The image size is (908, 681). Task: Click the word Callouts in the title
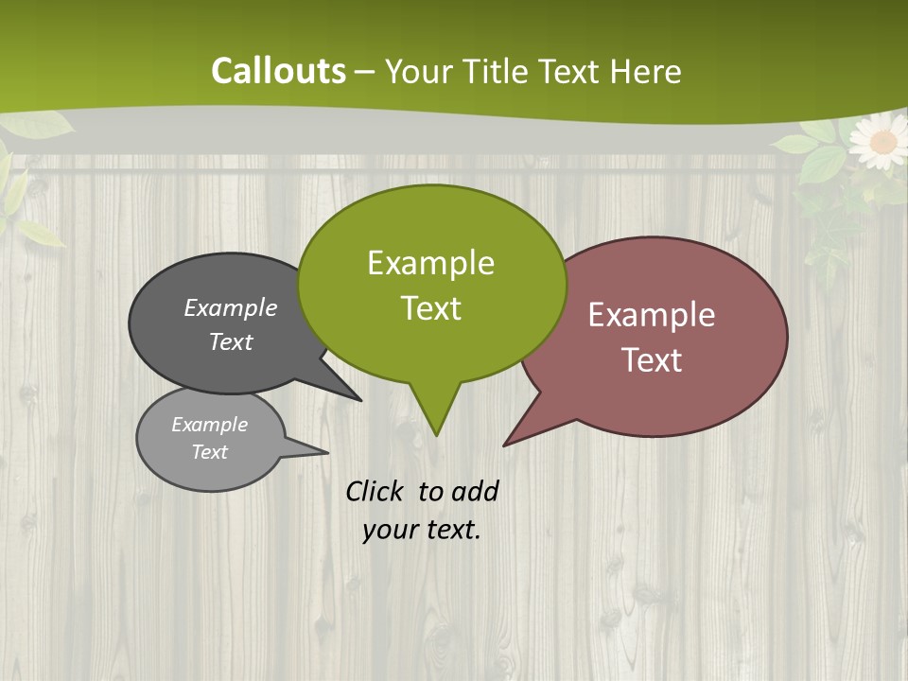[278, 71]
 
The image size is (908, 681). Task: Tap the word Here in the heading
[646, 72]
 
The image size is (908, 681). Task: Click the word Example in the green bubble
[430, 263]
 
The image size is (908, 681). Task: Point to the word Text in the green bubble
[431, 308]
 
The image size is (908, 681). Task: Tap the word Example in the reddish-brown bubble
[652, 315]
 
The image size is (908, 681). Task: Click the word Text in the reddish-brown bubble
[653, 360]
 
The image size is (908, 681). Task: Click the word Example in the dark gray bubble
[230, 308]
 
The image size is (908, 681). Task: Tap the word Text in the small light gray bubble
[210, 452]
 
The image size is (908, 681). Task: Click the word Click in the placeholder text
[375, 491]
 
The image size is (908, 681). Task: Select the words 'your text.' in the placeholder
[422, 530]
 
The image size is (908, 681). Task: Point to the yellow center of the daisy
[882, 142]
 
